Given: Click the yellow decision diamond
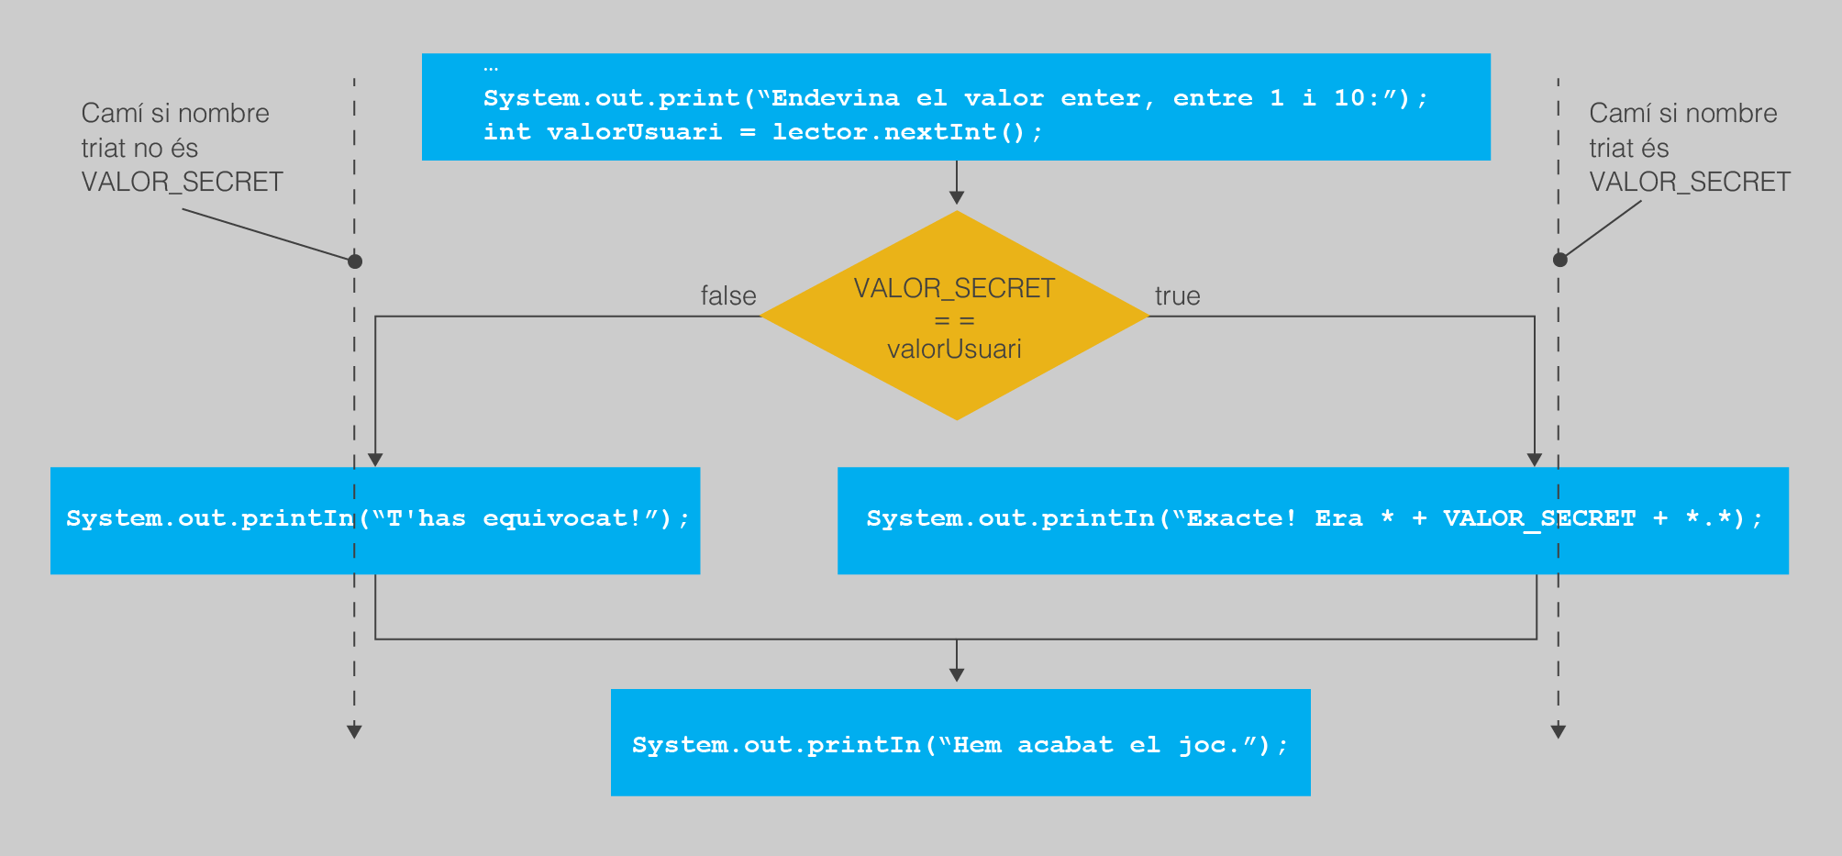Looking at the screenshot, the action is pos(955,316).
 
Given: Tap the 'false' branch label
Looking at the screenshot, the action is pos(728,295).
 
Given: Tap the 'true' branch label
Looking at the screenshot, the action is pos(1177,295).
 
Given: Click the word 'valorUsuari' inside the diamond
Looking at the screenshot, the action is pos(954,349).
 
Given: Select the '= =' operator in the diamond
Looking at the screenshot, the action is pos(954,321).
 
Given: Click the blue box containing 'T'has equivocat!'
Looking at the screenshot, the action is pos(375,520).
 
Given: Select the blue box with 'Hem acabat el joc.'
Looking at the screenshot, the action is pos(960,742).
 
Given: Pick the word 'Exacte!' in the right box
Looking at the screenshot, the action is pos(1241,518).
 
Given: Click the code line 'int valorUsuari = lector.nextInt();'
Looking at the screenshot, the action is pos(762,132).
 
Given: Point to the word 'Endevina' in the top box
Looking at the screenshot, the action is pos(835,98).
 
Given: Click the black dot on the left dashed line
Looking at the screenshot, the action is pos(355,261).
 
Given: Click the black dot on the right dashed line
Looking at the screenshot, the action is pos(1559,260).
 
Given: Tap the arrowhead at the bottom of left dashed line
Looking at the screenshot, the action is pos(354,731).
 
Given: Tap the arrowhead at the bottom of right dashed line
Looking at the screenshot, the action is pos(1558,731).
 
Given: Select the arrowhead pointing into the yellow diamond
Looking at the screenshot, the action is pos(957,197).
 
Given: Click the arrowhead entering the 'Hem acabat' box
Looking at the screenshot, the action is pos(957,674).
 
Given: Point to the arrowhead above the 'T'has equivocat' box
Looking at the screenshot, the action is pos(375,460).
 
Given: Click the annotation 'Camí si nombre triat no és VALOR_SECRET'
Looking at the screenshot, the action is pos(182,148).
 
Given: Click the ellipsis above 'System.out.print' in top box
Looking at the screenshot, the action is pos(491,68).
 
